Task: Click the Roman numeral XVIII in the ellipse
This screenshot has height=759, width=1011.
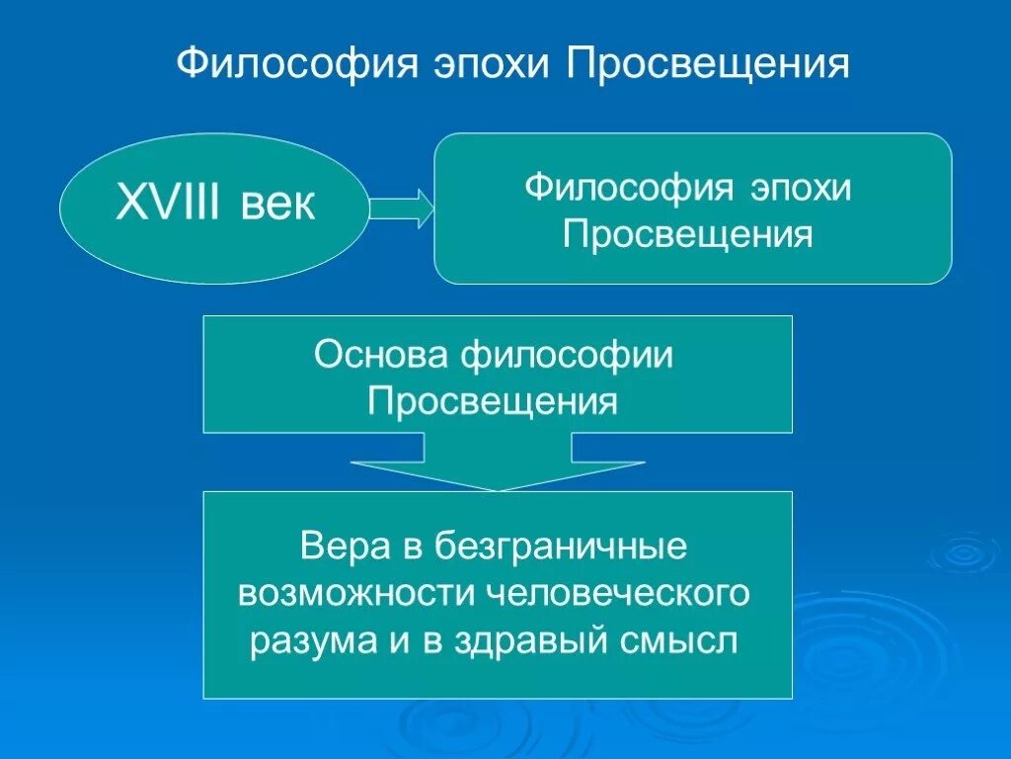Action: (x=169, y=207)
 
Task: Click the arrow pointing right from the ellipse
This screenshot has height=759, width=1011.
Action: (x=400, y=209)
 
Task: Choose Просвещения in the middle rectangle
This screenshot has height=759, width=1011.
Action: (x=493, y=402)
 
